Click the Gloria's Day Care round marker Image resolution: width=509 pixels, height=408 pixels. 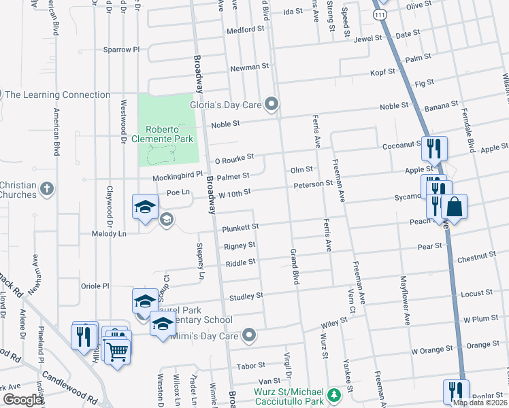(x=272, y=104)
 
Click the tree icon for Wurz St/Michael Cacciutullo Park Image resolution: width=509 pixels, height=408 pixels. (x=333, y=394)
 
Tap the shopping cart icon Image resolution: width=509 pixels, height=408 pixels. (x=117, y=352)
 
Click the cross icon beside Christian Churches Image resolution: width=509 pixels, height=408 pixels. (x=46, y=188)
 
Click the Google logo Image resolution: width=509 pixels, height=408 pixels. (x=22, y=399)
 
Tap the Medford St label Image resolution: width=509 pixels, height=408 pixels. (x=245, y=30)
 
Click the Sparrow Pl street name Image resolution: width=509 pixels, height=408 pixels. (x=120, y=50)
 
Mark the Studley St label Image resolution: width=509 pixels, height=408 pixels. (x=246, y=296)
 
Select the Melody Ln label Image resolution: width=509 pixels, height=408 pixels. (x=110, y=233)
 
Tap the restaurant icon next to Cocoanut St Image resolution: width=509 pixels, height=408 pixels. (x=433, y=147)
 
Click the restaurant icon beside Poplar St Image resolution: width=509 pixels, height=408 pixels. (x=455, y=390)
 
